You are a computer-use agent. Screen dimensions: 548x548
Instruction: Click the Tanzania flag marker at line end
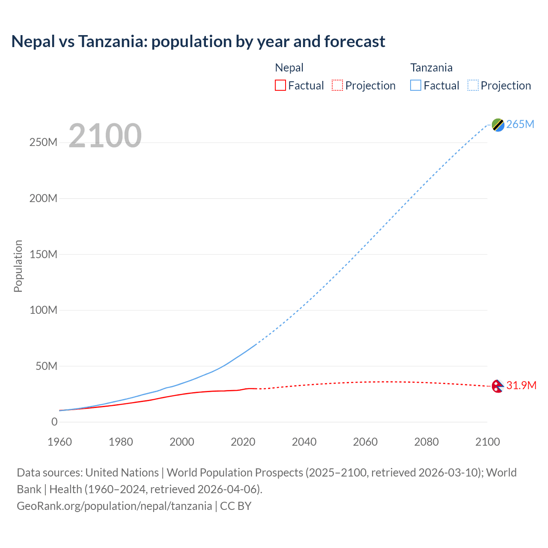coord(498,125)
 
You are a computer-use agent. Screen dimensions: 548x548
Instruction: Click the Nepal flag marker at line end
coord(497,386)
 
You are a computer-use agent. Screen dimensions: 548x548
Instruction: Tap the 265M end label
coord(520,124)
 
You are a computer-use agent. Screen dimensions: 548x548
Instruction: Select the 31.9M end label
coord(521,385)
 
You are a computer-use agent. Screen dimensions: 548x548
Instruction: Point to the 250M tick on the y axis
coord(43,142)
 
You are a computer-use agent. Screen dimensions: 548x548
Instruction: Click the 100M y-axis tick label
coord(43,310)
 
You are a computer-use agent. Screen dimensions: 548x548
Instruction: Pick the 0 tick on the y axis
coord(54,422)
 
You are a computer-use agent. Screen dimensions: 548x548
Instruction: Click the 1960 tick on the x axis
coord(60,442)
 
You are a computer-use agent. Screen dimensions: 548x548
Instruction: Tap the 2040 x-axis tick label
coord(304,442)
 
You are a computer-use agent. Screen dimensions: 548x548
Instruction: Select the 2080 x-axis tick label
coord(426,442)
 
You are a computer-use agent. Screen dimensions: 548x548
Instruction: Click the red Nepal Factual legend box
coord(280,85)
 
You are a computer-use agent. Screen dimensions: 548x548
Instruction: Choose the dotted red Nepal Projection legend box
coord(337,85)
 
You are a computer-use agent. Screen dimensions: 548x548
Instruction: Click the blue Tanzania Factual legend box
coord(416,85)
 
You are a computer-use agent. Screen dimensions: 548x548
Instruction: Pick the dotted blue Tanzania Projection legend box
coord(473,85)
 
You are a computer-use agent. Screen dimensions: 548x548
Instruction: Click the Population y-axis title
coord(18,266)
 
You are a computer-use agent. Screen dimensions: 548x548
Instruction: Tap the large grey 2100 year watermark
coord(105,136)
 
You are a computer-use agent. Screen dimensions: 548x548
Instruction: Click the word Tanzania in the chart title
coord(112,42)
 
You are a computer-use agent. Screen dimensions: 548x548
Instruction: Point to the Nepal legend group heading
coord(289,68)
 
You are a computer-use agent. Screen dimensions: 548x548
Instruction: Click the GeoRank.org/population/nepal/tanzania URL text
coord(114,506)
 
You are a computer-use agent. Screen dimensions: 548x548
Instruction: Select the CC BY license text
coord(235,506)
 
